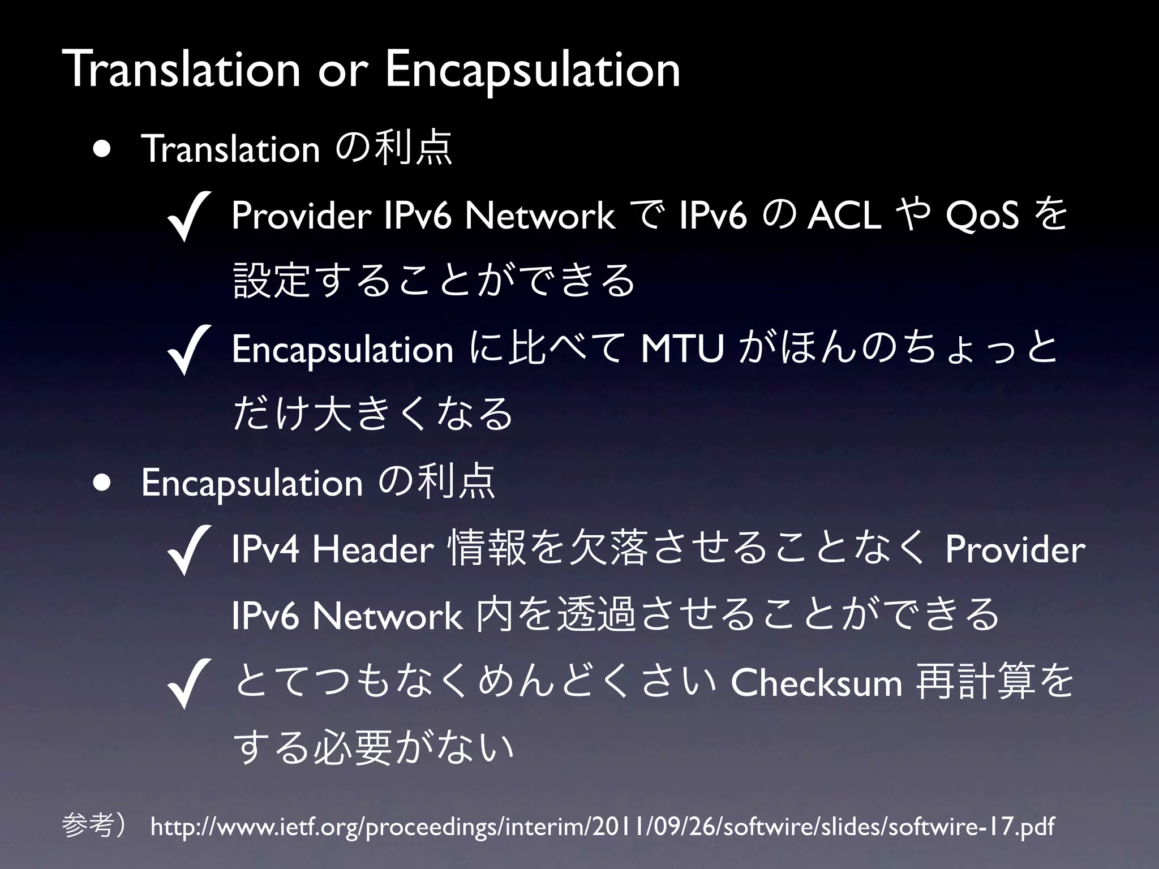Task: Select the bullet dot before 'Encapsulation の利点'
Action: pos(102,483)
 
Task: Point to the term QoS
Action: pos(982,216)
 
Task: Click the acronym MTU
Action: pos(682,349)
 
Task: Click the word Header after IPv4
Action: pos(373,549)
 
